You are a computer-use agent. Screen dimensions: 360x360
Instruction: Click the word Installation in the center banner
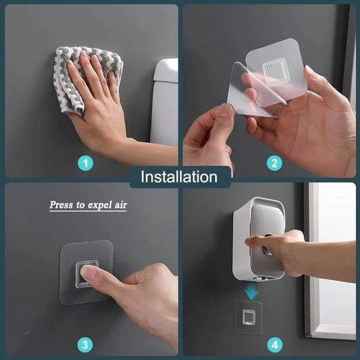click(179, 177)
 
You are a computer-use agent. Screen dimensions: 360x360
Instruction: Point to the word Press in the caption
click(62, 205)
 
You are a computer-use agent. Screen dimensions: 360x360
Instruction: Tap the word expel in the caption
click(96, 205)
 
